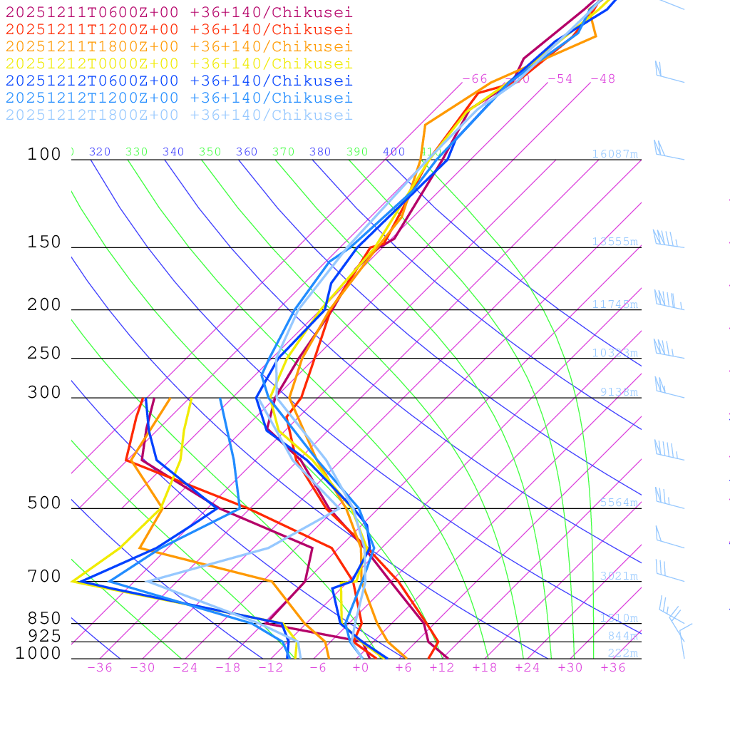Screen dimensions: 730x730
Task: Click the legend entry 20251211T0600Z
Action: [x=178, y=12]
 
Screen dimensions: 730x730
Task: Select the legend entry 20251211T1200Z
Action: [x=178, y=29]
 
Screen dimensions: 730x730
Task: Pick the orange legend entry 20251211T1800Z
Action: [x=178, y=46]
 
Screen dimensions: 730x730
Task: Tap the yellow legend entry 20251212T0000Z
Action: [x=178, y=63]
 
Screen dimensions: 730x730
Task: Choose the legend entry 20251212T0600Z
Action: [x=178, y=81]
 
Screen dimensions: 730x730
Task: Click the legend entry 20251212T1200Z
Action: [x=178, y=98]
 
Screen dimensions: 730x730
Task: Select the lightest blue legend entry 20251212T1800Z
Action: [x=178, y=115]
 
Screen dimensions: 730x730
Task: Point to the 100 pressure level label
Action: [x=44, y=154]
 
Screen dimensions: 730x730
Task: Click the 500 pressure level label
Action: [x=44, y=503]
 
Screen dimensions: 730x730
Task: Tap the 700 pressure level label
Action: [x=44, y=576]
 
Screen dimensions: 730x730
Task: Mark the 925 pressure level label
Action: [x=44, y=636]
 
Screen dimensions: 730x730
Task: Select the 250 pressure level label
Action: [x=44, y=353]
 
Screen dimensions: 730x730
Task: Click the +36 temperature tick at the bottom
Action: [x=613, y=667]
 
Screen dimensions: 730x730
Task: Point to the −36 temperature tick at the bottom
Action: [x=100, y=667]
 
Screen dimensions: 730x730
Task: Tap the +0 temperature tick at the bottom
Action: [x=361, y=667]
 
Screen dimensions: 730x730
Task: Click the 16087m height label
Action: [x=615, y=154]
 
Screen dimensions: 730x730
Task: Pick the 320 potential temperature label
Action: [x=100, y=152]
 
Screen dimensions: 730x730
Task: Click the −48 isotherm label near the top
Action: [x=603, y=78]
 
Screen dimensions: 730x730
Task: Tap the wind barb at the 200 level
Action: [x=669, y=301]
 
